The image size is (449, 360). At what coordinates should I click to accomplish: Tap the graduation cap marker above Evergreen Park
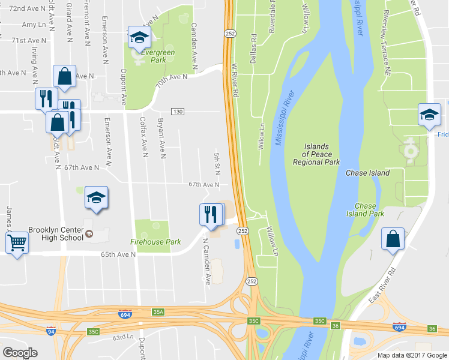(x=139, y=38)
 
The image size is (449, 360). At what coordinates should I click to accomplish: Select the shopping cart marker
(x=17, y=243)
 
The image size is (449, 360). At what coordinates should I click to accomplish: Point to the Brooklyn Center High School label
(x=55, y=233)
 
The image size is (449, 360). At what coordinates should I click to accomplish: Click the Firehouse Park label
(x=156, y=242)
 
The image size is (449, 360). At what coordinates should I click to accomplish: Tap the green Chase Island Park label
(x=365, y=209)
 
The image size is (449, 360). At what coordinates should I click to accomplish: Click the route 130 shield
(x=177, y=112)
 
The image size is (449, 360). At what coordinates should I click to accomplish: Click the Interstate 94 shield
(x=52, y=331)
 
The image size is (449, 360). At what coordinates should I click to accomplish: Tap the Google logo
(x=20, y=353)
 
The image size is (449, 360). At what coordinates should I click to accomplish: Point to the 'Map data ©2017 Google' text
(x=412, y=355)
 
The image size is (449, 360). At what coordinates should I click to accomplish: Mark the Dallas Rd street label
(x=254, y=46)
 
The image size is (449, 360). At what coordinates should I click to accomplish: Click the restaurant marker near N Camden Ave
(x=210, y=214)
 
